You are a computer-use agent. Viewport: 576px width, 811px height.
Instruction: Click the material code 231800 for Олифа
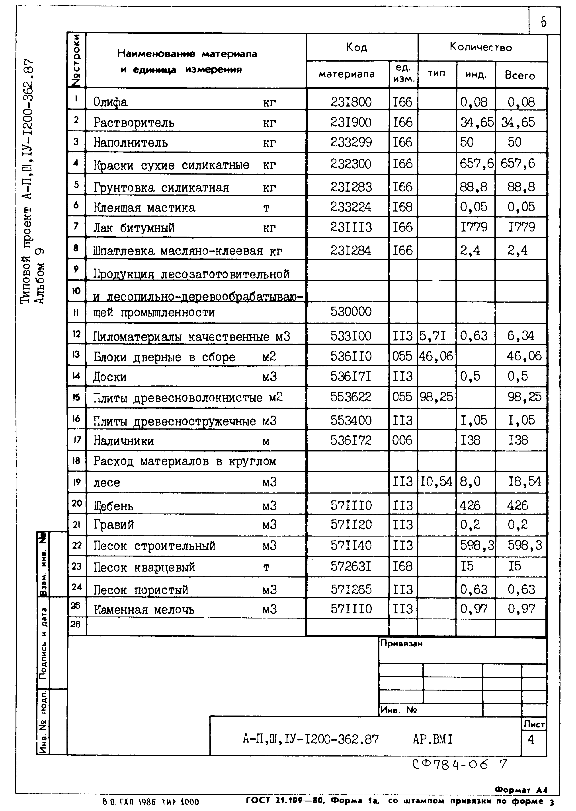tap(351, 102)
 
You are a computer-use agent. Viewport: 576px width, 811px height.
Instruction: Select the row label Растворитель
tap(134, 123)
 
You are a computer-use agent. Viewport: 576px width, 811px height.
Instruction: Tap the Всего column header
tap(520, 76)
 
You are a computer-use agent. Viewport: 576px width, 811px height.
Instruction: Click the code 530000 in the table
tap(351, 312)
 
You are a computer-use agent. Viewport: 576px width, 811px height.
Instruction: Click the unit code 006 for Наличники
tap(402, 440)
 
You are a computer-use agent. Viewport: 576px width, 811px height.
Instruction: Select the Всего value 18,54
tap(524, 481)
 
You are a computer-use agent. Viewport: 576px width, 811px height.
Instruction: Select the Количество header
tap(481, 47)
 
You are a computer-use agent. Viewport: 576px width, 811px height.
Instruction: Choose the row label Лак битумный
tap(134, 228)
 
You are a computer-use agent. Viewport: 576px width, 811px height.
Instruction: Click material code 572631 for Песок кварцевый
tap(351, 566)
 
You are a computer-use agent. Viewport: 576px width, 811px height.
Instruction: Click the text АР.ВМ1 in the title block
tap(432, 739)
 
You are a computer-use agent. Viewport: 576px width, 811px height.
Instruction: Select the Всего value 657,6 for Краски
tap(517, 163)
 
